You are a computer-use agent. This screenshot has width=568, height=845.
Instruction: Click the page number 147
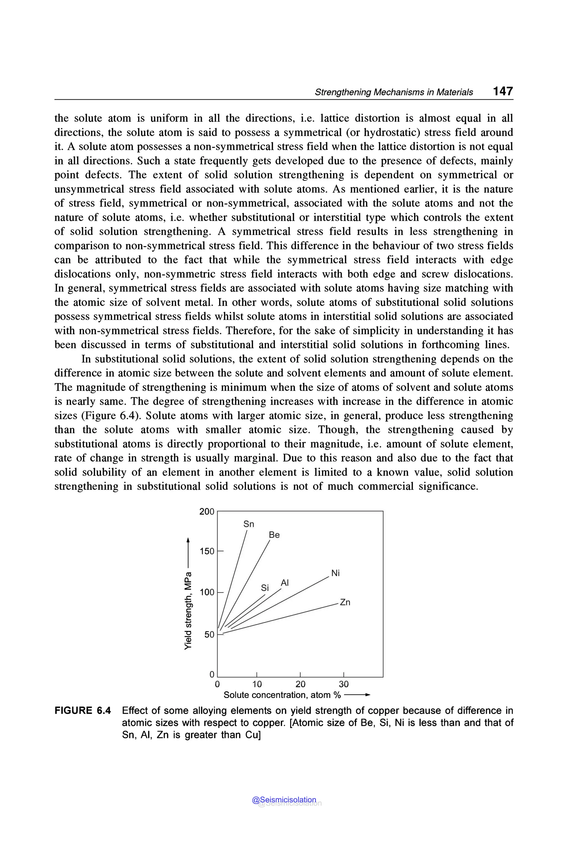point(503,91)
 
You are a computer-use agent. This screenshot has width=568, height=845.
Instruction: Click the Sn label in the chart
point(248,524)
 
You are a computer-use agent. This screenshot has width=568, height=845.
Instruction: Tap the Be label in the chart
point(274,535)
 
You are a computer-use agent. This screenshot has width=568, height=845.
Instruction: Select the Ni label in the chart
point(335,573)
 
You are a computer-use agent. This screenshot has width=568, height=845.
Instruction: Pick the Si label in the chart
point(265,588)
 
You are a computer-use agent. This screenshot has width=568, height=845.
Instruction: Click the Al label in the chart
point(285,583)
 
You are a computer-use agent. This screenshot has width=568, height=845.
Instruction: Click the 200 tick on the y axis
point(207,512)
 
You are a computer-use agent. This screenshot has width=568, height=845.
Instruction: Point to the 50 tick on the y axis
point(209,635)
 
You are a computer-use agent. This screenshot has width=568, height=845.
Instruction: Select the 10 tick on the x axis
point(257,684)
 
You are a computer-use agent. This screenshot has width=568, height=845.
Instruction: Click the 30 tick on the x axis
point(343,684)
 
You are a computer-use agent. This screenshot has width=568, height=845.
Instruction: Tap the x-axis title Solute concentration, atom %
point(282,695)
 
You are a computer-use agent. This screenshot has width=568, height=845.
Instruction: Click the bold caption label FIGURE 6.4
point(83,710)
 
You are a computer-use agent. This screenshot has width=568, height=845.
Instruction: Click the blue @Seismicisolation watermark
point(284,800)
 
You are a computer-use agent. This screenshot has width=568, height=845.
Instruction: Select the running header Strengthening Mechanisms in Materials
point(394,92)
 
